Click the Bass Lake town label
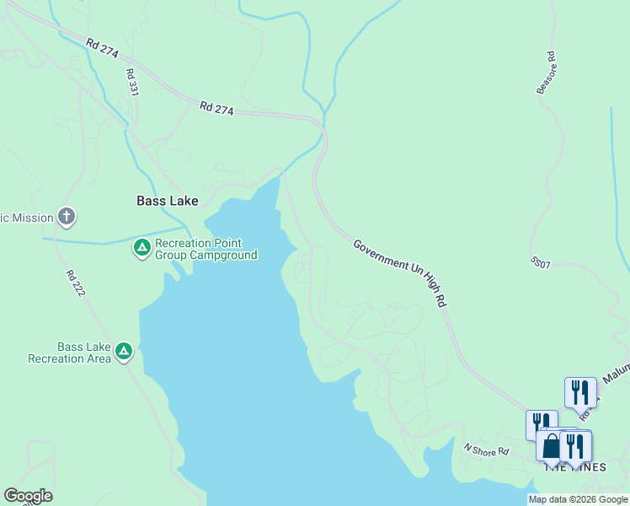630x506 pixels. coord(168,201)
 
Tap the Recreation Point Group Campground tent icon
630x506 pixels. coord(141,248)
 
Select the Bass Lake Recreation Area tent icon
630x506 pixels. coord(124,351)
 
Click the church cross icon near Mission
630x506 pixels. coord(67,217)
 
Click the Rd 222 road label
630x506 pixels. coord(73,287)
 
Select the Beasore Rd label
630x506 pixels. coord(547,73)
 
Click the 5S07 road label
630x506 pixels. coord(540,264)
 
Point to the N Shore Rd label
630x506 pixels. coord(487,450)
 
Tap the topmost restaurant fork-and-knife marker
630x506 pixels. coord(580,393)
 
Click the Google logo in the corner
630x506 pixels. coord(28,496)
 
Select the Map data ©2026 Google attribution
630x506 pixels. coord(578,499)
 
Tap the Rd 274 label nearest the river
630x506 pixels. coord(217,108)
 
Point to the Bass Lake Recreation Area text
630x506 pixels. coord(69,353)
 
